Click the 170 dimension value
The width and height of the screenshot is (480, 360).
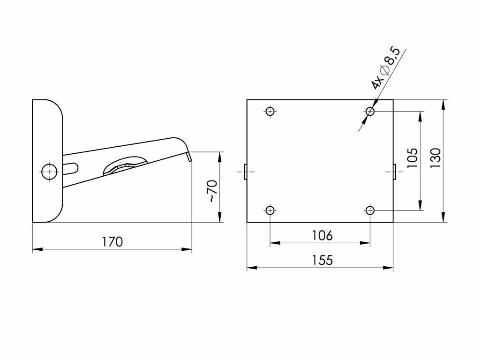(x=112, y=242)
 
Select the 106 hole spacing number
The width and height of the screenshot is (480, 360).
(x=322, y=236)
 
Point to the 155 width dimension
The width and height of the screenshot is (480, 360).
(x=322, y=260)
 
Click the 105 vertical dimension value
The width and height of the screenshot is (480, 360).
(x=412, y=157)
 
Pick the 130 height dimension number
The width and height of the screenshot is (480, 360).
(x=435, y=157)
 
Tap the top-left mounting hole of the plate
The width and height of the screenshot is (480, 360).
(x=270, y=111)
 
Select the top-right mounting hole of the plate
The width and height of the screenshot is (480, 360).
(x=370, y=111)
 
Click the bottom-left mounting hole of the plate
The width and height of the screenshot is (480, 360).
(x=270, y=210)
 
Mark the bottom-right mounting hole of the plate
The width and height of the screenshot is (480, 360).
(x=370, y=210)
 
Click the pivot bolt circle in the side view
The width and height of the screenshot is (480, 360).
(x=50, y=172)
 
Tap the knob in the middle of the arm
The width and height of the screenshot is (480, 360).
(x=125, y=165)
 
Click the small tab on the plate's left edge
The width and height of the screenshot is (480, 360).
(x=246, y=172)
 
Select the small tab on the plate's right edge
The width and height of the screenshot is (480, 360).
(x=395, y=172)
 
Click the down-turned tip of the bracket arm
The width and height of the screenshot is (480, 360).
(x=189, y=157)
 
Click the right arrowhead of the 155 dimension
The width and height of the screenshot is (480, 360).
(x=388, y=268)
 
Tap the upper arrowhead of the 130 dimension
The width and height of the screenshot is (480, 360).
(x=443, y=105)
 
